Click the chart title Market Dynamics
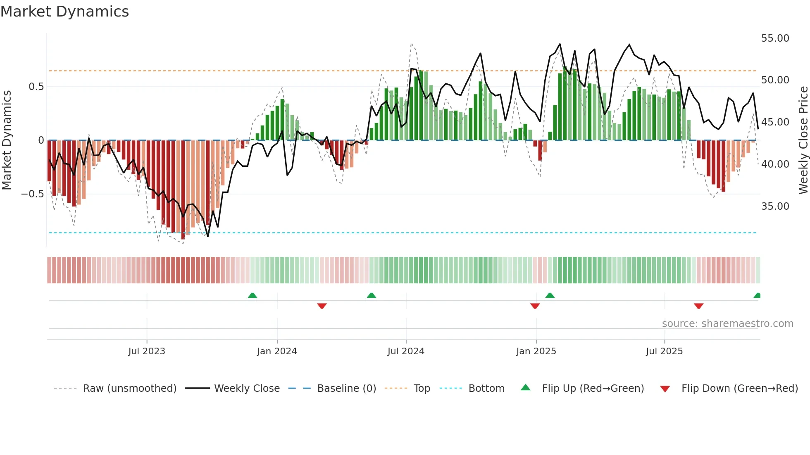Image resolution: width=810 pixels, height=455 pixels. tap(64, 12)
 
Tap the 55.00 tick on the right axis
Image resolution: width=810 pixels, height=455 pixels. tap(775, 38)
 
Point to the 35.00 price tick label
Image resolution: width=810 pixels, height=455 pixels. tap(775, 206)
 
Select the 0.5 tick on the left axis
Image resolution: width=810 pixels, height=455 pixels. tap(36, 87)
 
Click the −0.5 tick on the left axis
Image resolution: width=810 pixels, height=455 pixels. tap(33, 194)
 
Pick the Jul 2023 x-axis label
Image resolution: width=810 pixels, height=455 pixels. tap(147, 351)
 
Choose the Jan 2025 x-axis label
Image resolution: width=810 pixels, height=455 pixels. tap(536, 351)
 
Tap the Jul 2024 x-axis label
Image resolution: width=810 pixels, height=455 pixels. tap(406, 351)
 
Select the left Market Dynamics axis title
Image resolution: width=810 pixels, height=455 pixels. tap(7, 140)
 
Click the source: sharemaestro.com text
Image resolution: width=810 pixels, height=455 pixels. tap(727, 324)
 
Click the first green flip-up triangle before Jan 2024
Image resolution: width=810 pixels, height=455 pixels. tap(253, 296)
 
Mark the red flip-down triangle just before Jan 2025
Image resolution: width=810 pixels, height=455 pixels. tap(535, 306)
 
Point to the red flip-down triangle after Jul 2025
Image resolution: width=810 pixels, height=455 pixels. tap(698, 306)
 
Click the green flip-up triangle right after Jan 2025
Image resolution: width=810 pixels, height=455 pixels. tap(550, 296)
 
